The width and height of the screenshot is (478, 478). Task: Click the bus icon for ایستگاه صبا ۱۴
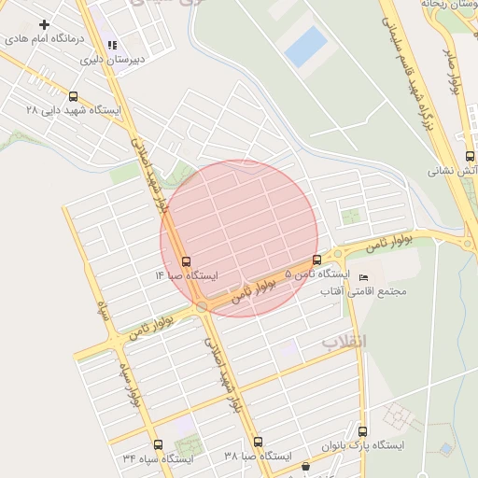[x=186, y=261]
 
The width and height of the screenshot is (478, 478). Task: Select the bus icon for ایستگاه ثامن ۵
[x=316, y=260]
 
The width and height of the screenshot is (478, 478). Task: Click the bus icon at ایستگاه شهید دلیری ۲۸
[x=74, y=95]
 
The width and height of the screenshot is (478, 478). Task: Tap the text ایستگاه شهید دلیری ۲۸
[x=74, y=110]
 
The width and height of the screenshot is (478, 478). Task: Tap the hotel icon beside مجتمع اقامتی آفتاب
[x=363, y=277]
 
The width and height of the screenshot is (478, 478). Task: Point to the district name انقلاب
[x=345, y=343]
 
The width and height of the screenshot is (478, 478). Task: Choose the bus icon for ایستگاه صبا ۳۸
[x=259, y=442]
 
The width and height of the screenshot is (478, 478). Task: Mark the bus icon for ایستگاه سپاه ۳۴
[x=157, y=444]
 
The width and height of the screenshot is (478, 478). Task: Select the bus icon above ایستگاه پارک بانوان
[x=363, y=431]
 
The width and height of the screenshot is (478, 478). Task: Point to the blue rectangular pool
[x=305, y=46]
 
